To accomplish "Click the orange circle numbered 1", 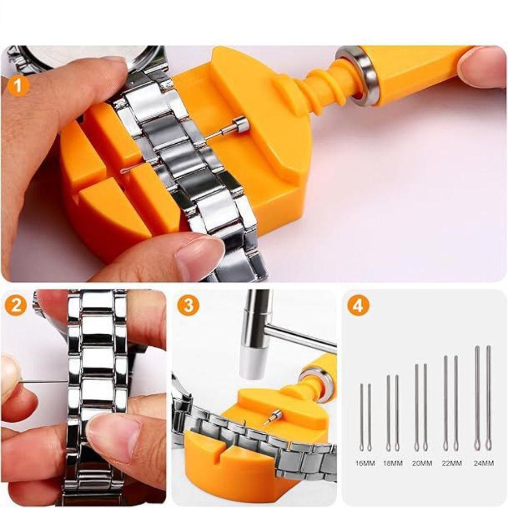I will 18,84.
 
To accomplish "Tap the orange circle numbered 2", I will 17,306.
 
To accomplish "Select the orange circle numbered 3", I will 188,306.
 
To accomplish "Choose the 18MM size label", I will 393,464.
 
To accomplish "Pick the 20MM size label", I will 422,464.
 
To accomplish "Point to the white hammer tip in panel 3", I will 251,363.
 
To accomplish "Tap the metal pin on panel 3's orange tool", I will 272,418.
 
